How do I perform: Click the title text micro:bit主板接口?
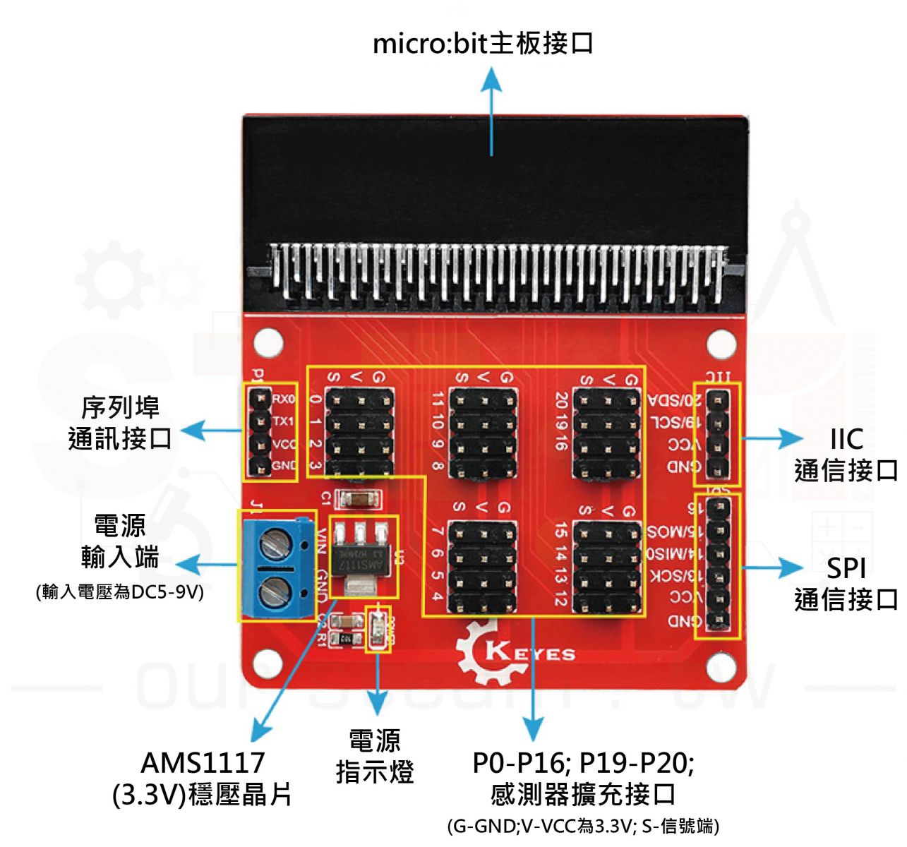click(483, 44)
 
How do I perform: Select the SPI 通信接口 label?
click(846, 584)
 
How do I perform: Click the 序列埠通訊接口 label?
click(120, 423)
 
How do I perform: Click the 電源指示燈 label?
click(375, 756)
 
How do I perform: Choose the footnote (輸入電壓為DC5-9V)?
click(120, 591)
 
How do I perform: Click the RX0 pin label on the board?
click(284, 400)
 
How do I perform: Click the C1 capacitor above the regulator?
click(359, 499)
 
